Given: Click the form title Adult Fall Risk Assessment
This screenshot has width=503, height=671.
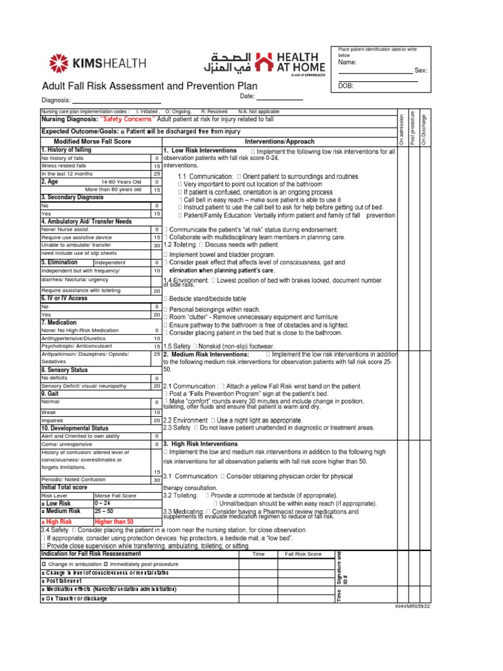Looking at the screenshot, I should [149, 86].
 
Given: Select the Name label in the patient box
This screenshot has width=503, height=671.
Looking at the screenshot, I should [347, 62].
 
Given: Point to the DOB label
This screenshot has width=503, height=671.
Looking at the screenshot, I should [346, 86].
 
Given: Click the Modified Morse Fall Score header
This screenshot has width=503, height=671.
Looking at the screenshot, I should [83, 141].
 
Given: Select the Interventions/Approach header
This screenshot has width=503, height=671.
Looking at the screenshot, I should [279, 141].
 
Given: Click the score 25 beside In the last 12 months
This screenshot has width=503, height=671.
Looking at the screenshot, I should [157, 174].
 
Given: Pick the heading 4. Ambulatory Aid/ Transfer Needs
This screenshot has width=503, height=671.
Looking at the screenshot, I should [86, 221].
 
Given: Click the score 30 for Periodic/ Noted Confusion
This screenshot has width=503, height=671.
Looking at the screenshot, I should [157, 480].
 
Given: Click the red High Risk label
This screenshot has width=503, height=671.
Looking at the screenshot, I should [58, 521].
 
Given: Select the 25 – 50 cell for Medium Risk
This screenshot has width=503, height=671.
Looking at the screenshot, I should [105, 511].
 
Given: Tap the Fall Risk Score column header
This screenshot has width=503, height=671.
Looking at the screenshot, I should [303, 554].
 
